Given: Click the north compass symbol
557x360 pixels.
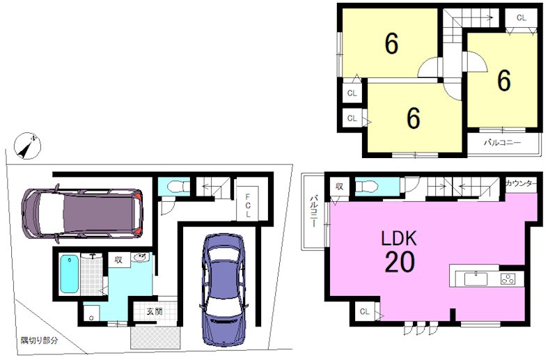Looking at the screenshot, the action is pos(27,146).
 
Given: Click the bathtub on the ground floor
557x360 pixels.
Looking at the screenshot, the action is pos(68,274).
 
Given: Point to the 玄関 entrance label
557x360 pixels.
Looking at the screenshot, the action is pos(155,312).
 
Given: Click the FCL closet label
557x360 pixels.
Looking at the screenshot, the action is pos(248,205).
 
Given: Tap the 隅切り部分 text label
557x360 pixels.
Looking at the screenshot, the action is pos(39,341).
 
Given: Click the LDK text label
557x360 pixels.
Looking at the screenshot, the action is pos(398,238).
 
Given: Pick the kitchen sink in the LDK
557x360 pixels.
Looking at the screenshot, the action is pos(476,279).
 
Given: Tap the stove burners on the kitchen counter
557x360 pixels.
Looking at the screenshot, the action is pos(508,279).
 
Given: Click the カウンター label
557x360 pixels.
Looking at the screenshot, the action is pos(521,183).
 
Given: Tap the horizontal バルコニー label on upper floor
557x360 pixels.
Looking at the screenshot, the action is pos(502,143).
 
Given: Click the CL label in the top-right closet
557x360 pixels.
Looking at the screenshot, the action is pos(521,18).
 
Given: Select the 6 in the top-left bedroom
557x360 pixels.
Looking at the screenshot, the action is pos(391,44).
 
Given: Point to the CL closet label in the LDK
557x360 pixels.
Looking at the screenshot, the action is pos(364,312).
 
